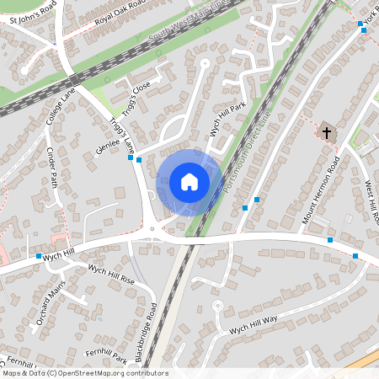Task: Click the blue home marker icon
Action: [189, 182]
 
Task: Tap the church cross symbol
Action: [327, 132]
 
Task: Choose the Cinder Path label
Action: [52, 167]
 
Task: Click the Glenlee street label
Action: [109, 148]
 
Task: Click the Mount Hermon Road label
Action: [321, 195]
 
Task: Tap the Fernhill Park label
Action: [106, 356]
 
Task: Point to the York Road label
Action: [369, 18]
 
